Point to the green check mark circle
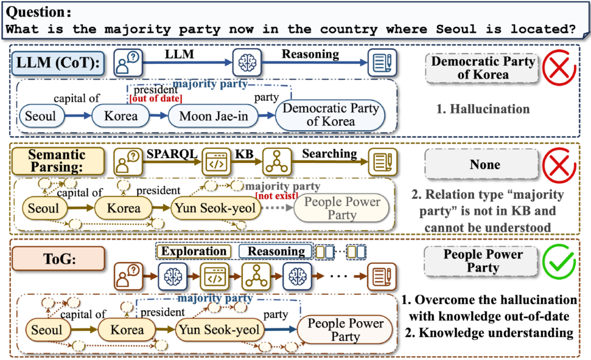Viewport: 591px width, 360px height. pos(559,260)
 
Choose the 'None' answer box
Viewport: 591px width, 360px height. pos(485,164)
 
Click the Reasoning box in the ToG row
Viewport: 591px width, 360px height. pos(276,252)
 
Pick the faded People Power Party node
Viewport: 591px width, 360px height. pos(342,208)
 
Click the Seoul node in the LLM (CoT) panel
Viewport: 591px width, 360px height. pos(41,116)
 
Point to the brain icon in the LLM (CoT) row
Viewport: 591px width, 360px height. pos(247,62)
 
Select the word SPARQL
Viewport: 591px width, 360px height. pos(171,154)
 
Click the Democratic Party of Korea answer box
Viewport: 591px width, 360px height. pos(483,67)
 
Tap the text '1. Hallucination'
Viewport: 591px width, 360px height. pos(483,109)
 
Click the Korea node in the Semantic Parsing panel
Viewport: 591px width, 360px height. pos(123,208)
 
